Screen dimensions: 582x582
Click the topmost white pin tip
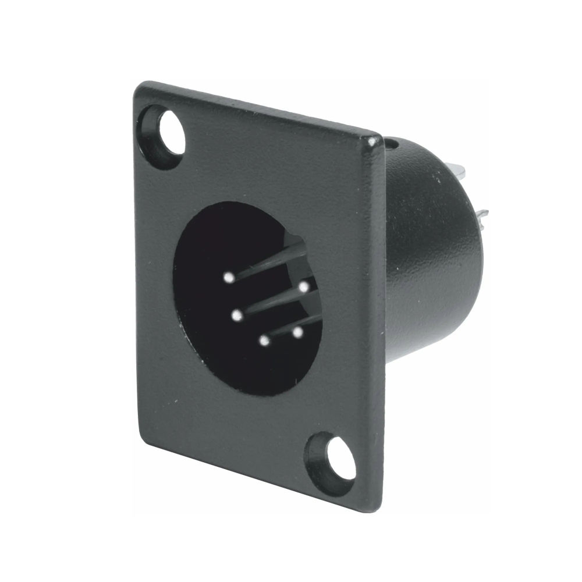pos(229,278)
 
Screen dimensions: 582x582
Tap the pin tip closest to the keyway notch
pos(304,286)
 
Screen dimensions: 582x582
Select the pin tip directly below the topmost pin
pos(236,316)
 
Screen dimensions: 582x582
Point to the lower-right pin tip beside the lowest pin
pos(298,333)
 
